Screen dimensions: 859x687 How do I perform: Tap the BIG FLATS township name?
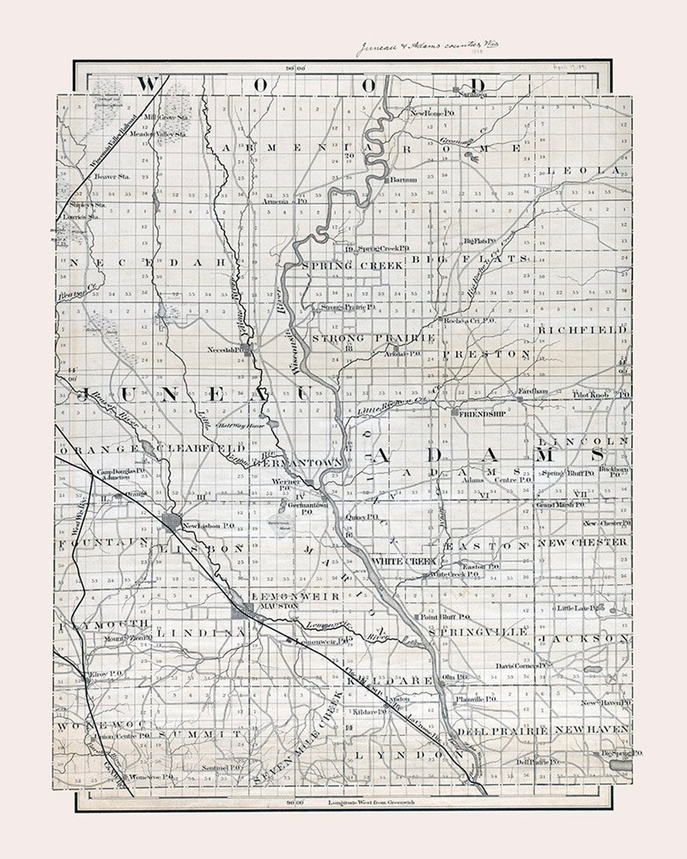[469, 259]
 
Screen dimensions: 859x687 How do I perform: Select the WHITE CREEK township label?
[403, 562]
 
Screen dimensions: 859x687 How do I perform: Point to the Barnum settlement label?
[404, 180]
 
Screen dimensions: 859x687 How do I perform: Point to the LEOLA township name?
[583, 171]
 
